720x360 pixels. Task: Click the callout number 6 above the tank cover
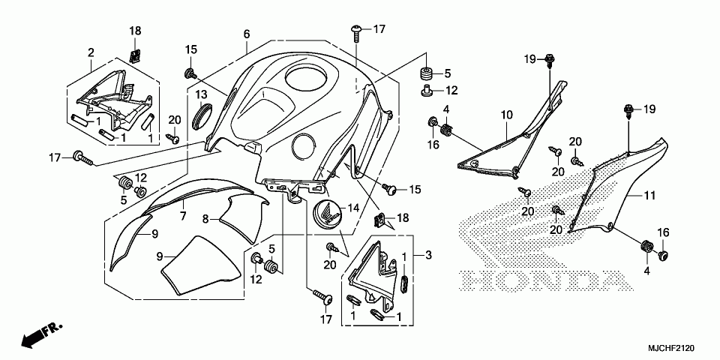246,34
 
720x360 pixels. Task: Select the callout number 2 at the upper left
91,52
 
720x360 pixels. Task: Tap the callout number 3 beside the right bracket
428,256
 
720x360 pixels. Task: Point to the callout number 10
506,115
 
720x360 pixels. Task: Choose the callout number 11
649,196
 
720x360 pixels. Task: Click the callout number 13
202,94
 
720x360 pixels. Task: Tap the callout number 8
205,219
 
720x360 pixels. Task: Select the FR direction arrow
41,334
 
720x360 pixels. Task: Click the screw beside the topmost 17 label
355,31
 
